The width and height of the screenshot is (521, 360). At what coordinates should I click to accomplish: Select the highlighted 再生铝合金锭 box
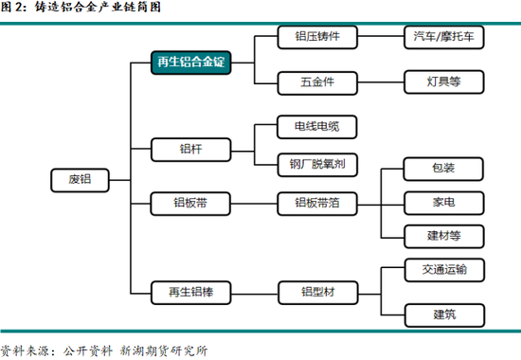(191, 63)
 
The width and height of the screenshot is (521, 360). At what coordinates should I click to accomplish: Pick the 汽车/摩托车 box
(443, 37)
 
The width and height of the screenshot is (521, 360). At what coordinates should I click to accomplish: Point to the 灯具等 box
(443, 81)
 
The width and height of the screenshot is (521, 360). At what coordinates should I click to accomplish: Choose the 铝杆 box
(190, 148)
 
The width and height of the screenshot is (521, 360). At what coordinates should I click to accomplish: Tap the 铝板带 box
(190, 203)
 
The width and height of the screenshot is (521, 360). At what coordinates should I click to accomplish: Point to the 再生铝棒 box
(190, 293)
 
